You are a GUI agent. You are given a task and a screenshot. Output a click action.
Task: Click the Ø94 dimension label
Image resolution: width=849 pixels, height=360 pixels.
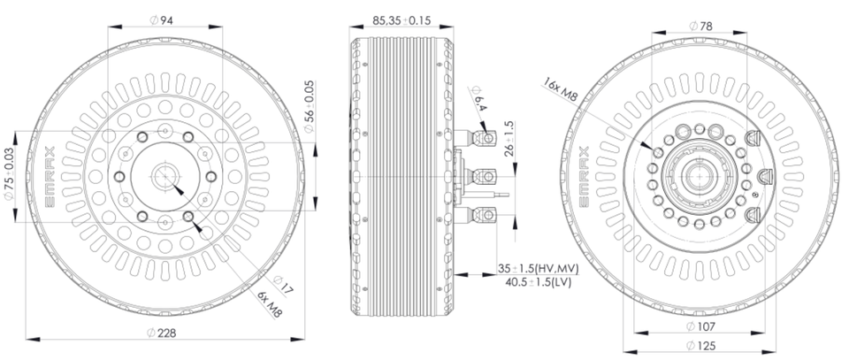(161, 20)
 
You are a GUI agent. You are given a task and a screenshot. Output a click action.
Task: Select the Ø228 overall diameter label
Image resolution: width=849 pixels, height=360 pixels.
(162, 333)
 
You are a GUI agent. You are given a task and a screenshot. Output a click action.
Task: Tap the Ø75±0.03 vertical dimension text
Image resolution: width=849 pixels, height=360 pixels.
(9, 173)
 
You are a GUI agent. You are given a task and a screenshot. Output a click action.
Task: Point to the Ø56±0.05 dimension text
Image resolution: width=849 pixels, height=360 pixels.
(309, 107)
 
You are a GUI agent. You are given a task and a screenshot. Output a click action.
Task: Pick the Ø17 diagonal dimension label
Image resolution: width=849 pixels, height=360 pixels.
(283, 285)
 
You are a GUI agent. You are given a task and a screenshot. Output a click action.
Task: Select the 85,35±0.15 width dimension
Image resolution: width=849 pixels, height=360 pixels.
(402, 20)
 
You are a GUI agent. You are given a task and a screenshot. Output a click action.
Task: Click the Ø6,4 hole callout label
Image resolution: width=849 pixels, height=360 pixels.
(478, 98)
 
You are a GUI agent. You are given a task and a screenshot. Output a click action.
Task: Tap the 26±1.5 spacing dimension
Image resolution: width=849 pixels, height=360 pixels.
(509, 139)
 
